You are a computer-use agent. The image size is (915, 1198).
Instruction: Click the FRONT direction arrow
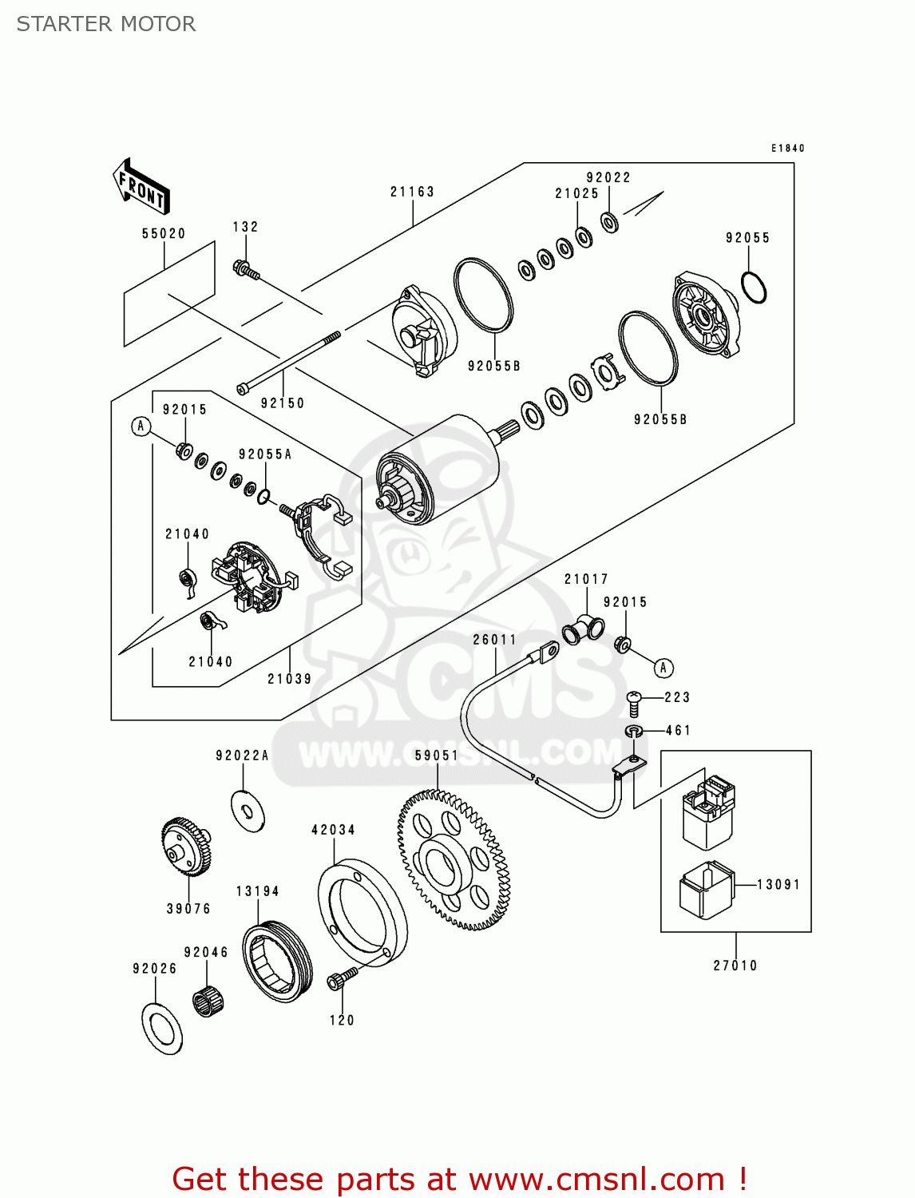tap(141, 187)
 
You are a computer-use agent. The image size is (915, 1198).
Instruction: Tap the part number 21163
tap(412, 192)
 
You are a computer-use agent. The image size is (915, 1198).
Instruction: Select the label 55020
tap(164, 233)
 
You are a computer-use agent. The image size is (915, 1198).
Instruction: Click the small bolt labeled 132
tap(246, 270)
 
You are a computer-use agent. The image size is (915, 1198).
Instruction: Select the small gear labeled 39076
tap(187, 847)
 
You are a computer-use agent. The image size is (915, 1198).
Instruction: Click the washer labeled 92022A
tap(248, 811)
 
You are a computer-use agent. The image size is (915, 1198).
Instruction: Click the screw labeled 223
tap(633, 704)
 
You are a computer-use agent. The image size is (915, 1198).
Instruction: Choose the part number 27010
tap(735, 966)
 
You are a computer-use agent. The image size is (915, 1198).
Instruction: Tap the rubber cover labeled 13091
tap(706, 891)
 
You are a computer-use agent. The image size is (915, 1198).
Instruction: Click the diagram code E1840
tap(787, 148)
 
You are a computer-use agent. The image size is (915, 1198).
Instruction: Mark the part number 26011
tap(494, 639)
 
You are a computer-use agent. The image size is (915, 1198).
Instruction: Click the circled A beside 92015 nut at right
tap(663, 668)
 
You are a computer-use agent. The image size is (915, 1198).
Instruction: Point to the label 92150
tap(282, 403)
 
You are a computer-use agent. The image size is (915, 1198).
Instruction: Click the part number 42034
tap(333, 830)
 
